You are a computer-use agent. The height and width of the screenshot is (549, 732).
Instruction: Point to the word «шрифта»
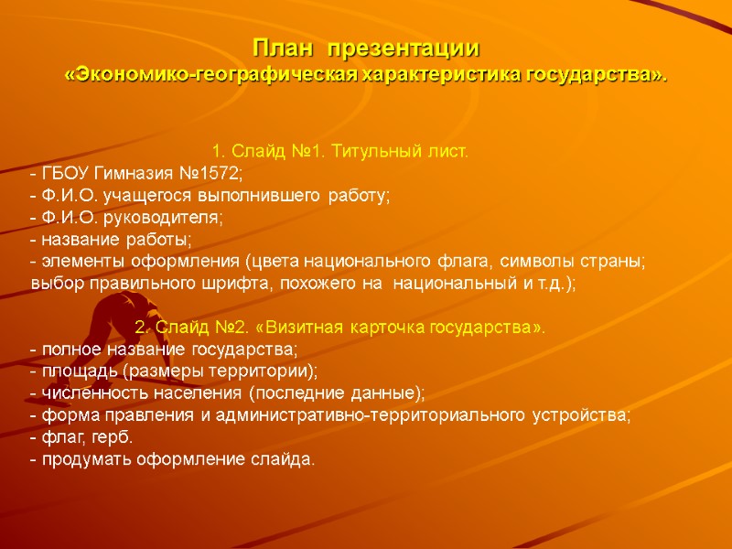click(x=237, y=284)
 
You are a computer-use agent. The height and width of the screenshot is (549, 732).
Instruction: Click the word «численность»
click(x=89, y=394)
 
